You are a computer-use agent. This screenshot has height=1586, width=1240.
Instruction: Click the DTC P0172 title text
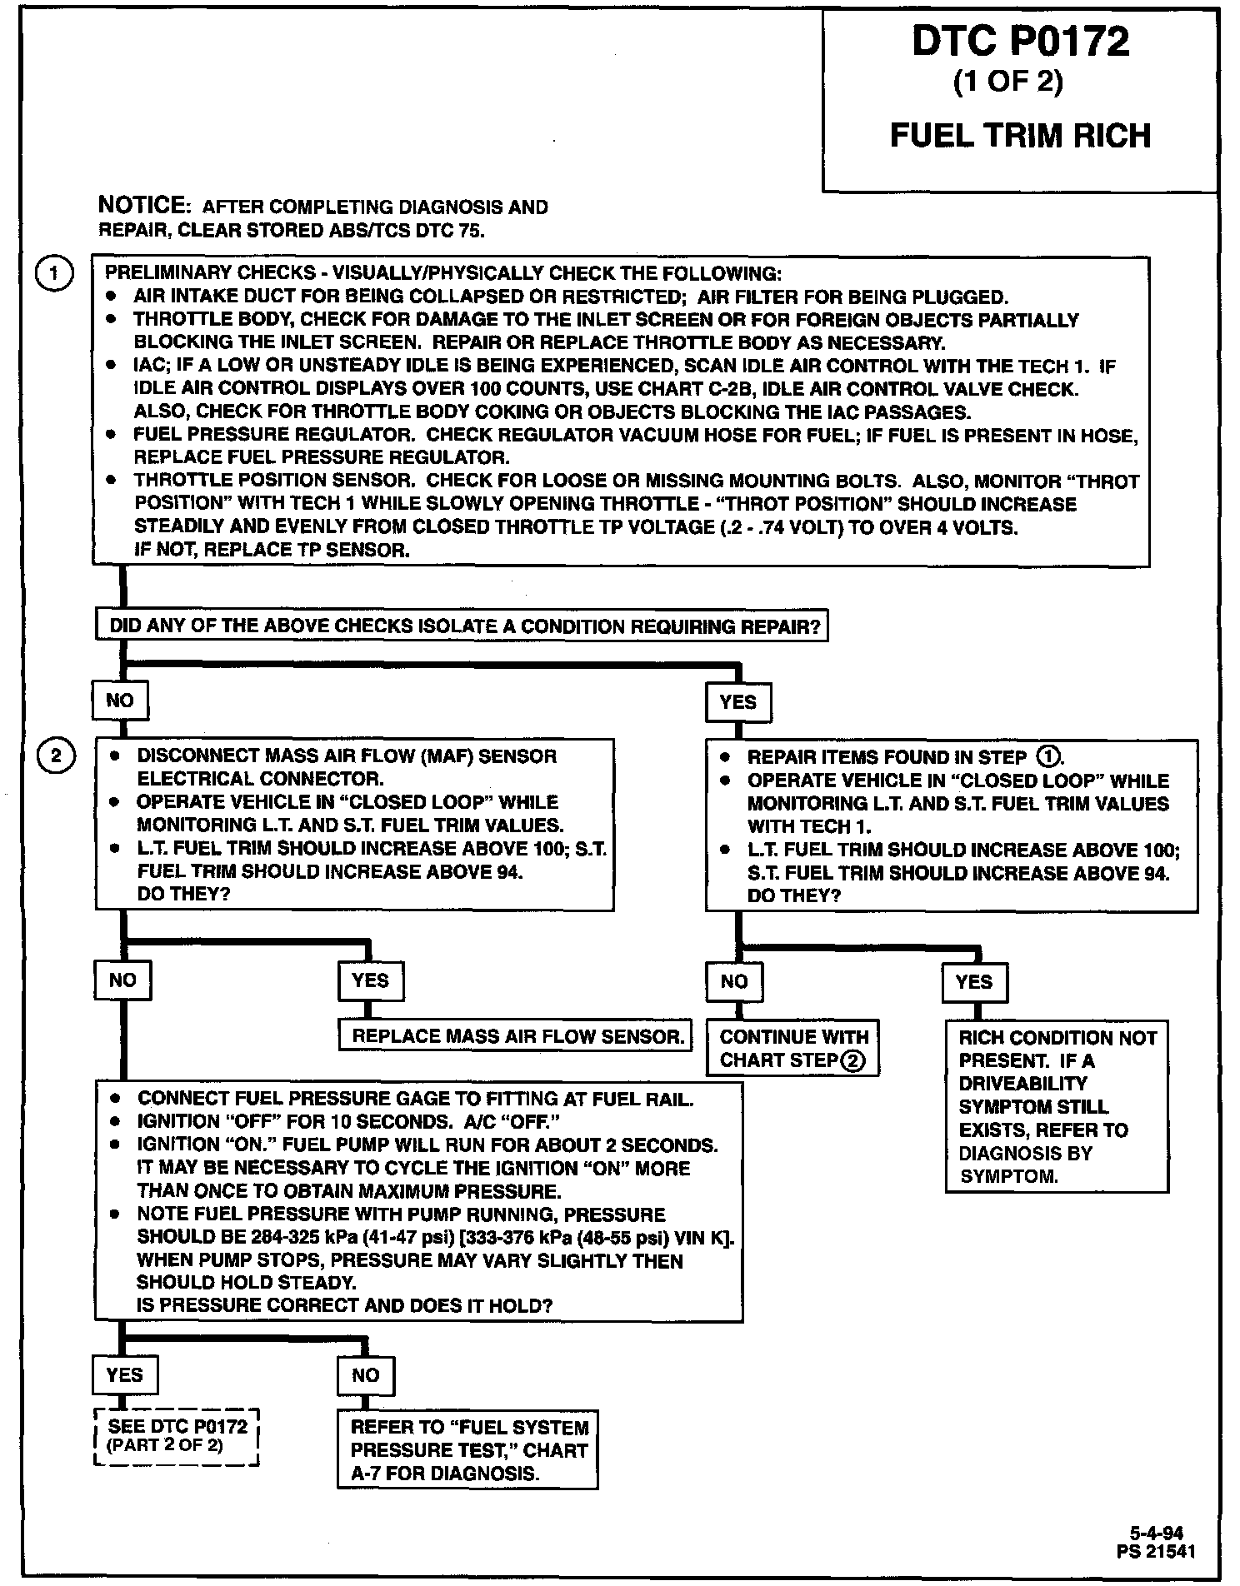click(1020, 42)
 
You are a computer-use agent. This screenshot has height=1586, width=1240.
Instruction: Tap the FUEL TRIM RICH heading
click(1020, 135)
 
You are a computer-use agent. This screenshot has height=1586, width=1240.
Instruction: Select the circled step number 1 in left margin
click(55, 273)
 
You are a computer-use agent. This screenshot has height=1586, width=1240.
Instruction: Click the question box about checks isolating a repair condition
click(462, 626)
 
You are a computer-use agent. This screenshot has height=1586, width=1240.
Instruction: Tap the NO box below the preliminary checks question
click(120, 701)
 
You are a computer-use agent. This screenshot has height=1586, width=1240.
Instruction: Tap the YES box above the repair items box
click(737, 702)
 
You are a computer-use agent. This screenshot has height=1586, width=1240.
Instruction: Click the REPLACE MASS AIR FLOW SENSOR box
click(516, 1036)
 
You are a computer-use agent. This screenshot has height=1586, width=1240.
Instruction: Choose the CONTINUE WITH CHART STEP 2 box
click(792, 1049)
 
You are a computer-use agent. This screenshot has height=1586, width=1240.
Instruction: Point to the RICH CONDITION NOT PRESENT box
click(1057, 1106)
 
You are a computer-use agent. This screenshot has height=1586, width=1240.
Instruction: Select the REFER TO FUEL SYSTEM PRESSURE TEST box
click(468, 1449)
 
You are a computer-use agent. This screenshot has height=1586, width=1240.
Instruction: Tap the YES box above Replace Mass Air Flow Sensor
click(370, 980)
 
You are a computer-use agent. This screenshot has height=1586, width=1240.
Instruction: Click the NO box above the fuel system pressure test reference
click(365, 1375)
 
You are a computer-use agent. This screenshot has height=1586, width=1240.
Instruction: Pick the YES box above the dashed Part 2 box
click(124, 1374)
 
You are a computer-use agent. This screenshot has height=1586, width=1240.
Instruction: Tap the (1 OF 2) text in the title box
click(1007, 83)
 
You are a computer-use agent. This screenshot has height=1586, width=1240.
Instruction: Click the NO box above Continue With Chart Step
click(734, 981)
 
